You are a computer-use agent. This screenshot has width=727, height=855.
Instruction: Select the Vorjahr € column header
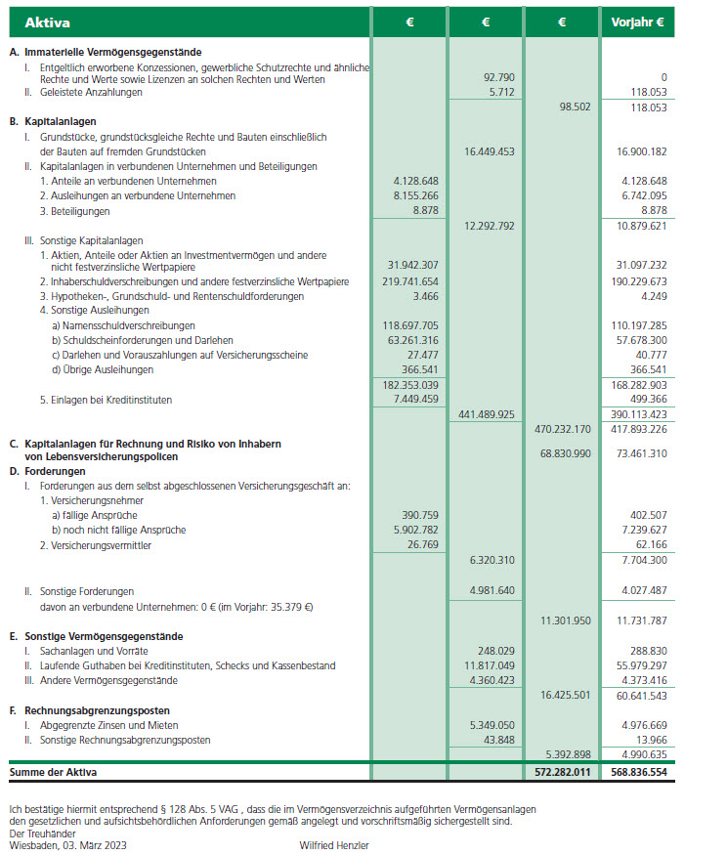tap(638, 21)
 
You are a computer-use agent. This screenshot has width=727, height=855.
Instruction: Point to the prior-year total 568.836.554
tap(638, 772)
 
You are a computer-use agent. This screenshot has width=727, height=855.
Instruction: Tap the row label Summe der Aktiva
tap(53, 772)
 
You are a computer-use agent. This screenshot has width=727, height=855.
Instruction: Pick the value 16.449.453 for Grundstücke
tap(486, 151)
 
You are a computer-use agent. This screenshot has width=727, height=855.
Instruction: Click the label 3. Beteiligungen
tap(75, 210)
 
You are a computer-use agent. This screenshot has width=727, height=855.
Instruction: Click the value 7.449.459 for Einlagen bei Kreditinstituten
tap(415, 399)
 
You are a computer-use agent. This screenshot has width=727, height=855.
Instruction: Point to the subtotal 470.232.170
tap(563, 428)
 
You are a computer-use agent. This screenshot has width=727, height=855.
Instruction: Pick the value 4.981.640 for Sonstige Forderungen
tap(491, 590)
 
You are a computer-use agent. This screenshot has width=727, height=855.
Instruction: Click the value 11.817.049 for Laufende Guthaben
tap(489, 665)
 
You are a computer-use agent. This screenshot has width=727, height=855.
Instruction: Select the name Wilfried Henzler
tap(334, 844)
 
